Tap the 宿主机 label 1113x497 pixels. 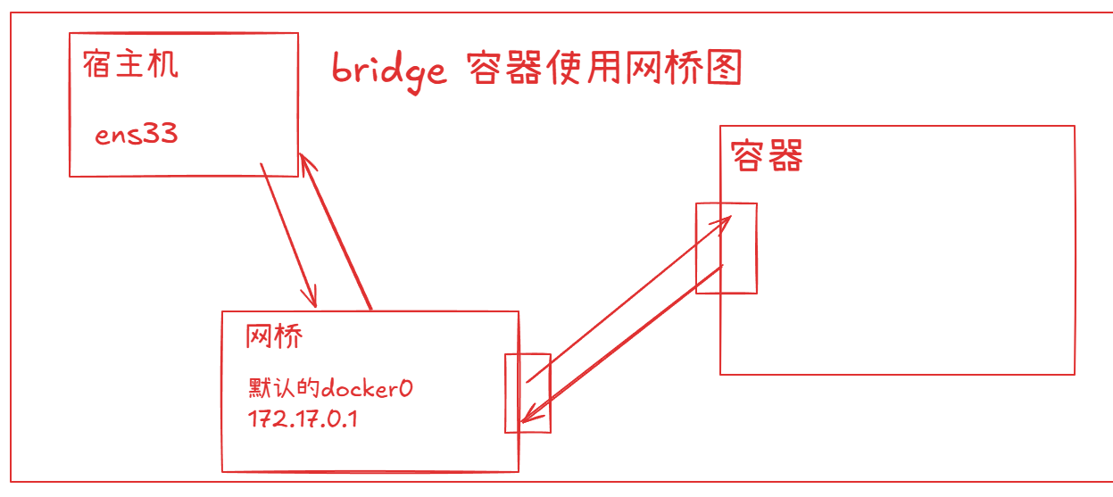pyautogui.click(x=130, y=64)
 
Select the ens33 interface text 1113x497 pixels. pyautogui.click(x=137, y=135)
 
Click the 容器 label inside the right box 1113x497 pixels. pyautogui.click(x=767, y=155)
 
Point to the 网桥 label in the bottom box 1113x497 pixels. pyautogui.click(x=274, y=336)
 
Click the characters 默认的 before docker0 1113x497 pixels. pyautogui.click(x=283, y=389)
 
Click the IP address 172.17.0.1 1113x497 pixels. pyautogui.click(x=303, y=418)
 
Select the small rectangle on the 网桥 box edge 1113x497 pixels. pyautogui.click(x=527, y=393)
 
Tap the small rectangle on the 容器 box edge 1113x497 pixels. pyautogui.click(x=727, y=248)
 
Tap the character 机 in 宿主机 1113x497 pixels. pyautogui.click(x=162, y=64)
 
